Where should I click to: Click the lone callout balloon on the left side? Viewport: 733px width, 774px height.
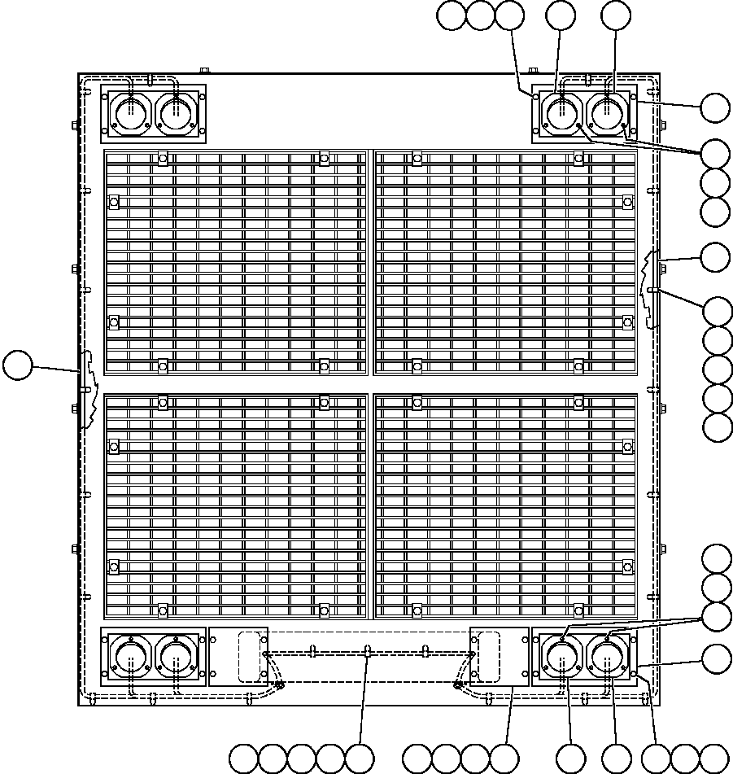pos(17,365)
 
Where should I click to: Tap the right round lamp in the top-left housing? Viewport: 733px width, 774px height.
pos(176,112)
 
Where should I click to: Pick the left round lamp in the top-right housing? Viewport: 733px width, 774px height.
pos(561,112)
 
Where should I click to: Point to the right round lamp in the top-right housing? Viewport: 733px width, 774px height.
pos(607,112)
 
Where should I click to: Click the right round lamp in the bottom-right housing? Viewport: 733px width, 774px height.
pos(607,656)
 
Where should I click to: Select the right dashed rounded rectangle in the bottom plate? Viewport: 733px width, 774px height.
pos(488,656)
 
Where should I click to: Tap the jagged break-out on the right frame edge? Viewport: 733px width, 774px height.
pos(649,289)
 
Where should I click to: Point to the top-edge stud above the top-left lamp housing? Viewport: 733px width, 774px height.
pos(204,71)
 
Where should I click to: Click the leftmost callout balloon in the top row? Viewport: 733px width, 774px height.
pos(452,15)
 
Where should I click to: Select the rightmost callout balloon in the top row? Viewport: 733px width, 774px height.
pos(616,15)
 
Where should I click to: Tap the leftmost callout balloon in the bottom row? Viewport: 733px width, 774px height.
pos(243,759)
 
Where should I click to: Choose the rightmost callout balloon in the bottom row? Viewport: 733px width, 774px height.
pos(714,759)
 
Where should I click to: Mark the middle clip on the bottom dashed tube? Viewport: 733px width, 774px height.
pos(368,651)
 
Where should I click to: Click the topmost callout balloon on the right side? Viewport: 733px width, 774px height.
pos(716,107)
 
